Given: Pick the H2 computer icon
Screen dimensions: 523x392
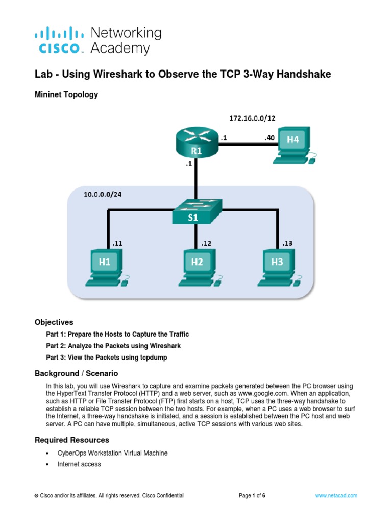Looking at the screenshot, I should (x=198, y=267).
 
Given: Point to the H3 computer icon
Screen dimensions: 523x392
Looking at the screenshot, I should (x=277, y=267).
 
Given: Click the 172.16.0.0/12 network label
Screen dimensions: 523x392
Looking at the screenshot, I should (x=253, y=118).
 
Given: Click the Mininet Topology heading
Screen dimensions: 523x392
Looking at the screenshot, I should (x=66, y=94).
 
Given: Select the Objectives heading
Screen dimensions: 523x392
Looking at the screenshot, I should (x=54, y=322).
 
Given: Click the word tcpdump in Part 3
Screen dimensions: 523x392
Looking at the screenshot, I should (x=152, y=358).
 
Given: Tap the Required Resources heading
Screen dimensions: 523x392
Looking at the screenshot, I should (x=71, y=440).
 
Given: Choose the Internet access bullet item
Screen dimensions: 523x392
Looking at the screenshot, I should (x=79, y=464).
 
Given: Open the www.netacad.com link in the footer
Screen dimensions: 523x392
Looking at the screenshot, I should (x=336, y=495).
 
